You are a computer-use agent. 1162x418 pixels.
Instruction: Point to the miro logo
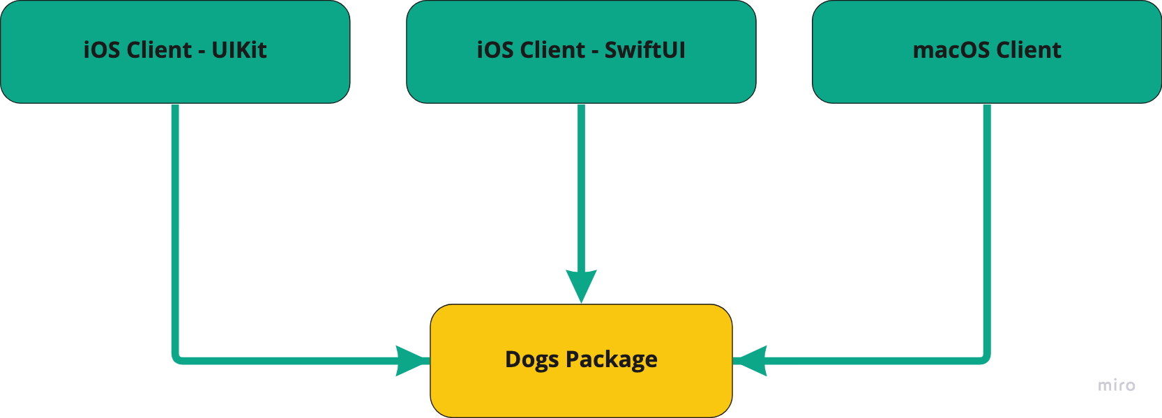[1117, 385]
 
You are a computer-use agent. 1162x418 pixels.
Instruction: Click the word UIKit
[239, 50]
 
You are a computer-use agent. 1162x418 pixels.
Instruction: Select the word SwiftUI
[645, 50]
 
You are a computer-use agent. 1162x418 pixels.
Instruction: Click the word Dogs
[531, 359]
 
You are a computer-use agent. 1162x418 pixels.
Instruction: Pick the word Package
[612, 359]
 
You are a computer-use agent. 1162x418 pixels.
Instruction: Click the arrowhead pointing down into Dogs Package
[581, 286]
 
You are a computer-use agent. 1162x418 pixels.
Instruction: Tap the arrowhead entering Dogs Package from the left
[412, 361]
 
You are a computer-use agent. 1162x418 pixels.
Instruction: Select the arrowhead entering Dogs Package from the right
[751, 361]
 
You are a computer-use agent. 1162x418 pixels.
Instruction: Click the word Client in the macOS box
[1029, 50]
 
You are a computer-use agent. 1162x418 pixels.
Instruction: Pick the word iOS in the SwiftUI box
[495, 50]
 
